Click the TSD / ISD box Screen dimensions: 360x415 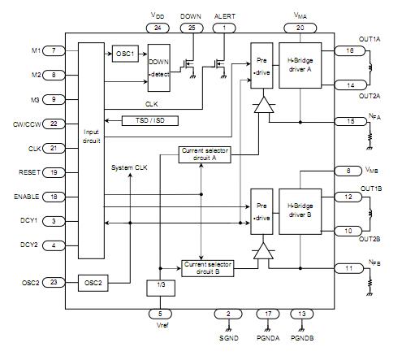point(149,120)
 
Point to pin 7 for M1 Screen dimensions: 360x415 point(53,51)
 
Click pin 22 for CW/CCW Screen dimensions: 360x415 point(53,124)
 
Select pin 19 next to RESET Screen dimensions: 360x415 point(53,172)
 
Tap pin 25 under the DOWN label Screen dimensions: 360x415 point(191,28)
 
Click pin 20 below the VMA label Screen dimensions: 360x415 point(300,28)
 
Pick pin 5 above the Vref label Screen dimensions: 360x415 point(160,313)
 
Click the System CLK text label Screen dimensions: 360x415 point(130,167)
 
